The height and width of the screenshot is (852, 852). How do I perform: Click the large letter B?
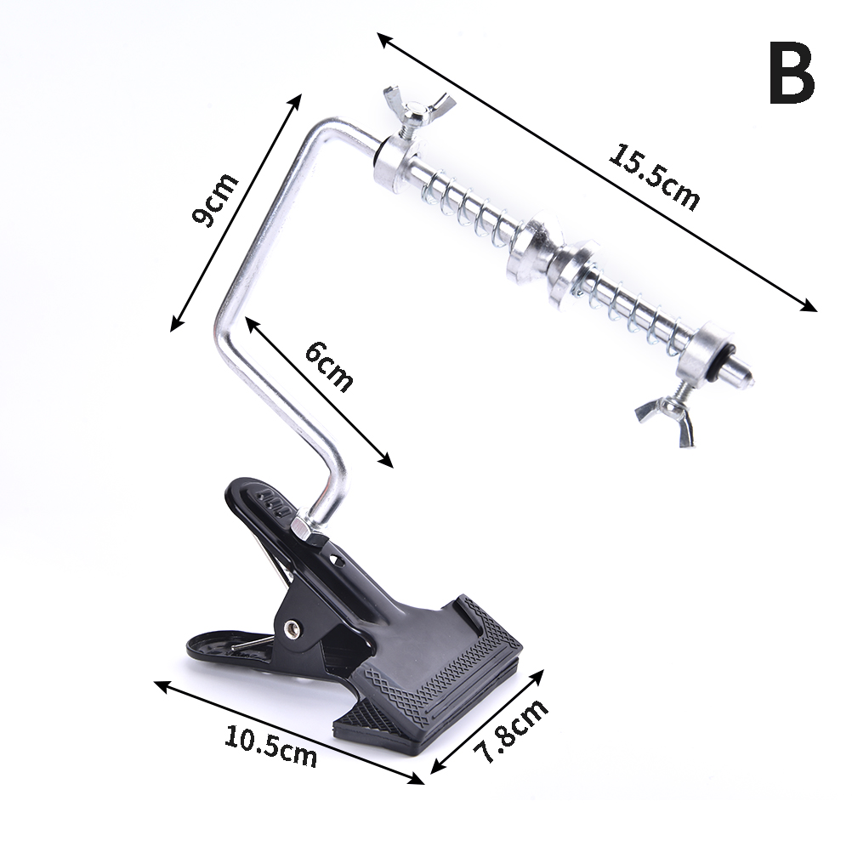point(792,73)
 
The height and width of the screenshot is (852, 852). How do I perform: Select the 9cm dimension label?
point(216,199)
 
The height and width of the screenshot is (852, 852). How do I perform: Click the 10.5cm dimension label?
point(270,745)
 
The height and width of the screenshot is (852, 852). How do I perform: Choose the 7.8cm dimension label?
point(511,731)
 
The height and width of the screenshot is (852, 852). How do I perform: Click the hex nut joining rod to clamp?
point(304,527)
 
